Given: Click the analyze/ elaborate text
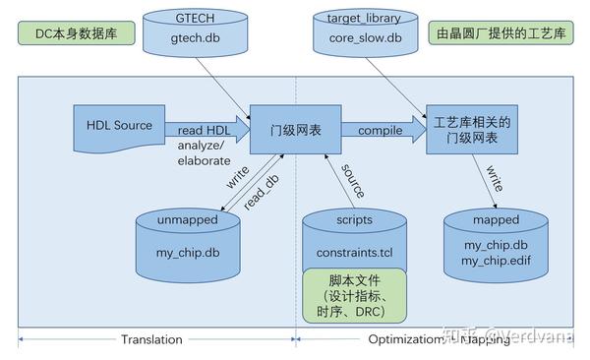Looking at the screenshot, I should (203, 154).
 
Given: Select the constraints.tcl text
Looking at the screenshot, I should (353, 253).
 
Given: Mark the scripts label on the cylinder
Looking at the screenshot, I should (353, 220).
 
